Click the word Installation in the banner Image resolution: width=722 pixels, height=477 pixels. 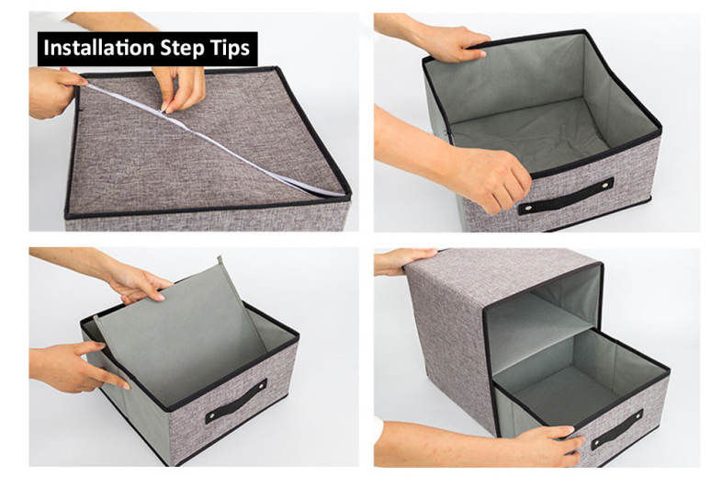[x=98, y=48]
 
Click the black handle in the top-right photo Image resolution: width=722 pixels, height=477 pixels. [x=566, y=196]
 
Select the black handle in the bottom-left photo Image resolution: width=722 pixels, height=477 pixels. [x=236, y=401]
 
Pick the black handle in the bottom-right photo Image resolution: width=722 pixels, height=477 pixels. [x=617, y=428]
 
